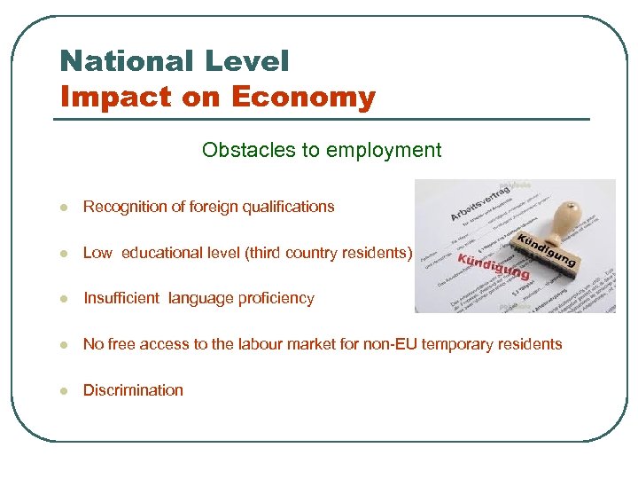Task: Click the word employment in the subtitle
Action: [x=384, y=150]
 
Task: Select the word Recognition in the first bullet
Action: [x=125, y=207]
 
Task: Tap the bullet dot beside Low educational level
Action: [x=63, y=254]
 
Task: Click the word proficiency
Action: [x=274, y=298]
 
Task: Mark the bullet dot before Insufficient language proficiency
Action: [x=63, y=299]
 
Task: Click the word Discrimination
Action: [x=133, y=390]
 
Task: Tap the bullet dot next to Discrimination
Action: [x=63, y=391]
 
